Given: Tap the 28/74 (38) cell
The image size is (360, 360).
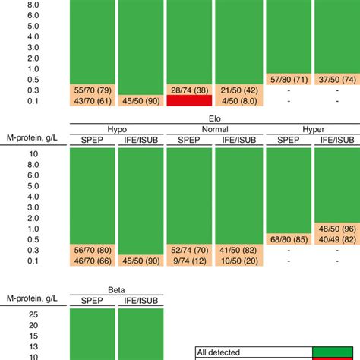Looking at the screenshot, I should (x=190, y=90).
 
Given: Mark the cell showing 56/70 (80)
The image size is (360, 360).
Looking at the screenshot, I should (x=93, y=250).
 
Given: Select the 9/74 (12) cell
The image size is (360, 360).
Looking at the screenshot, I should (x=190, y=261).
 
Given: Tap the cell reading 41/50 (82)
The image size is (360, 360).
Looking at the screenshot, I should (x=238, y=250).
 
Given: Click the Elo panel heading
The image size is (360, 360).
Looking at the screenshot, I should (x=214, y=118).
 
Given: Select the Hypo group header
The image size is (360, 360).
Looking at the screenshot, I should (x=117, y=128).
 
